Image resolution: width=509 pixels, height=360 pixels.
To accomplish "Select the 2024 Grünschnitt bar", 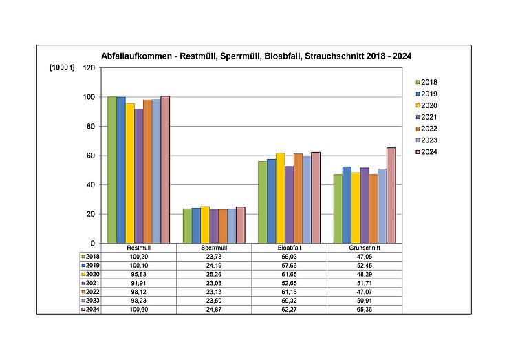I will (391, 195).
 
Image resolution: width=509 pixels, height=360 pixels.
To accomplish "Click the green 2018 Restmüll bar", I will (111, 170).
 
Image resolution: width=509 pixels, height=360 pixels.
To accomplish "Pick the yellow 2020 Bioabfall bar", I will (280, 198).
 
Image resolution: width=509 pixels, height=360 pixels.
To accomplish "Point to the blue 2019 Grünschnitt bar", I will (347, 205).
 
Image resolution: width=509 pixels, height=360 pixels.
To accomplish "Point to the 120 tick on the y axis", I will (88, 68).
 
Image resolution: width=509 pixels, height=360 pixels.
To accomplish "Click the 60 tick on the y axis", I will (90, 156).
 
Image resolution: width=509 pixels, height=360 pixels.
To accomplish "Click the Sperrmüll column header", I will (214, 248).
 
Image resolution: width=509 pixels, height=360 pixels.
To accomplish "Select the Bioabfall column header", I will (289, 248).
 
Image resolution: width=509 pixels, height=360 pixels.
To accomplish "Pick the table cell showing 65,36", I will (365, 310).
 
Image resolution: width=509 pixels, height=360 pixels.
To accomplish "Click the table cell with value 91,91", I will (138, 283).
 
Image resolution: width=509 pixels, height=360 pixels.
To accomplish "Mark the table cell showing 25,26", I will (214, 274).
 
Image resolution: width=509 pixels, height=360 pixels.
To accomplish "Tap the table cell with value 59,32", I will (289, 301).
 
